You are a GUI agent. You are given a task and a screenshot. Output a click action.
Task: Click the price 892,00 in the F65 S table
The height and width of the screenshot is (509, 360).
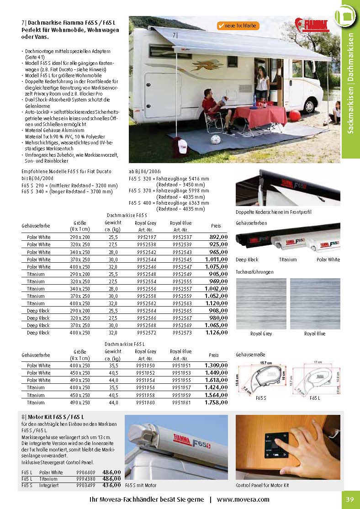(218, 237)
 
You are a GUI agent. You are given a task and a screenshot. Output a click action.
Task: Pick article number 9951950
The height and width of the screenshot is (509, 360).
(146, 366)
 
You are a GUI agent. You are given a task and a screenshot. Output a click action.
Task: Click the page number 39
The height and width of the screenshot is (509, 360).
(349, 499)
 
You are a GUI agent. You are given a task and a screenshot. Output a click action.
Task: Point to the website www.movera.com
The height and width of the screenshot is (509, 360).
(243, 499)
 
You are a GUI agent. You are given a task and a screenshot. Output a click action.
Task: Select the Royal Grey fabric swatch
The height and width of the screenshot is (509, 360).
(261, 303)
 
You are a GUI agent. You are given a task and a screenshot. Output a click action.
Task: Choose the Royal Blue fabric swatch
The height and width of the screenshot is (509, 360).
(315, 303)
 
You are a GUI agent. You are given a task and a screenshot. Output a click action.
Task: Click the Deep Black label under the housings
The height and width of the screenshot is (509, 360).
(247, 260)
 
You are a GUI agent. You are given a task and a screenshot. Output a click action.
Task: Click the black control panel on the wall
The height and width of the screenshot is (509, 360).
(276, 443)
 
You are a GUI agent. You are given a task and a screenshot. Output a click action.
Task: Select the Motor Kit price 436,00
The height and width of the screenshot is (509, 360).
(111, 485)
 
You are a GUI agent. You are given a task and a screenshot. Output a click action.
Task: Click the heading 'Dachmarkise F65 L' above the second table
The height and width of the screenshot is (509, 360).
(125, 343)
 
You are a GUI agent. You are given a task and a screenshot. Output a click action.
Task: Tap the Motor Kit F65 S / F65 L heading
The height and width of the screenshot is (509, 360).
(55, 417)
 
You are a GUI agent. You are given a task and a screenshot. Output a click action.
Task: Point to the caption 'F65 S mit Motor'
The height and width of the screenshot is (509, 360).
(141, 485)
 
